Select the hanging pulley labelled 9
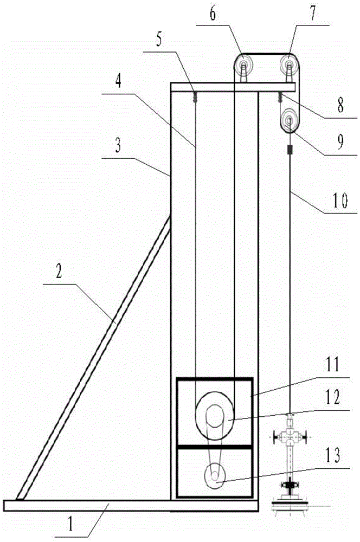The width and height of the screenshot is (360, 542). tap(289, 121)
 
